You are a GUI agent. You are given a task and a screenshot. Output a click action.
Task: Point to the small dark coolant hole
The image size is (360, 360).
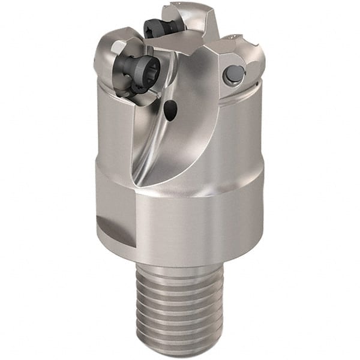click(x=171, y=109)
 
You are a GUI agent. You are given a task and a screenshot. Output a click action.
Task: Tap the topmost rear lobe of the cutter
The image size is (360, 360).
click(x=186, y=15)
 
